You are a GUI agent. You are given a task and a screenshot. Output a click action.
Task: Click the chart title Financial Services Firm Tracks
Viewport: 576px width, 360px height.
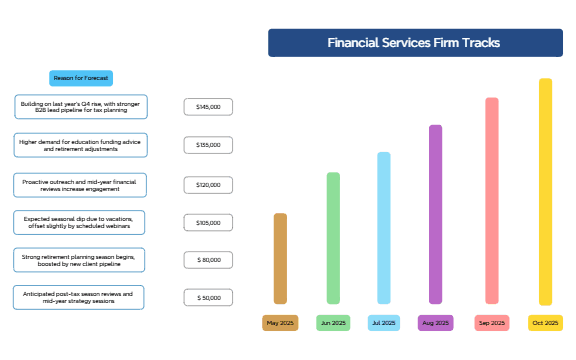tap(414, 43)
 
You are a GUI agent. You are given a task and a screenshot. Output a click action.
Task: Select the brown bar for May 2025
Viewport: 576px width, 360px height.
tap(280, 258)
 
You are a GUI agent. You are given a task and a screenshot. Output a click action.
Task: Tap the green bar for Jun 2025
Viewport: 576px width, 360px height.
tap(333, 238)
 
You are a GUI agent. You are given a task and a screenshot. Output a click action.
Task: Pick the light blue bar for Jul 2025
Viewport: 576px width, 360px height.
tap(384, 228)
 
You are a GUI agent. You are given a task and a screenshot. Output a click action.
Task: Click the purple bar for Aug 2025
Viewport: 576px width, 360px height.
tap(435, 214)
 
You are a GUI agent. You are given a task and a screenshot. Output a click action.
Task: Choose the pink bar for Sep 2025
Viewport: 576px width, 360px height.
tap(491, 200)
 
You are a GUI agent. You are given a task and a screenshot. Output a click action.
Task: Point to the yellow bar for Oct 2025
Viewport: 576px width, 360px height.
tap(545, 191)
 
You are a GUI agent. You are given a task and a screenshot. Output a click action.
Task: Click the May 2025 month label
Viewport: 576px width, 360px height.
tap(280, 323)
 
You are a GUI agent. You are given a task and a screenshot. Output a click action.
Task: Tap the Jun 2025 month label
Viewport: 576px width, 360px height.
tap(333, 323)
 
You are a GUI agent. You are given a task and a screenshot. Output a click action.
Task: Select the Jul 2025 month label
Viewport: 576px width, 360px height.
tap(384, 323)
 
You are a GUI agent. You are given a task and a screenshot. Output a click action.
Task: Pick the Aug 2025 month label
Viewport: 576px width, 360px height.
tap(435, 323)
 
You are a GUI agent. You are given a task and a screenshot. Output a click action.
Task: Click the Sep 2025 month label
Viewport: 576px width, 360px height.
tap(491, 323)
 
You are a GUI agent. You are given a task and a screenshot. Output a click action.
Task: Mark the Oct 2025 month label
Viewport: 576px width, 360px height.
tap(545, 323)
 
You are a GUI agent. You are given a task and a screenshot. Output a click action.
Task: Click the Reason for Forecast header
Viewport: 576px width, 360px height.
tap(81, 78)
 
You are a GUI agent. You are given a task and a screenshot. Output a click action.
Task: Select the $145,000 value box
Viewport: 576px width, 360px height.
tap(208, 106)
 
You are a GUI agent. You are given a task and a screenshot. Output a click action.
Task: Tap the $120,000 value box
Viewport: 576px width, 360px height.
tap(208, 185)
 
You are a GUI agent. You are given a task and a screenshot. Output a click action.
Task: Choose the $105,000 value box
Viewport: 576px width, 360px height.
tap(208, 223)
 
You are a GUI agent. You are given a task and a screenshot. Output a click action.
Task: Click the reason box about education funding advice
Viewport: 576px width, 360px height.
tap(81, 145)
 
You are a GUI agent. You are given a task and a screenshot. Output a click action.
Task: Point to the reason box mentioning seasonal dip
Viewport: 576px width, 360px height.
tap(81, 221)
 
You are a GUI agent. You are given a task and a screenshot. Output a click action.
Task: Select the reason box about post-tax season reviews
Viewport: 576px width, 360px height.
tap(79, 297)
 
